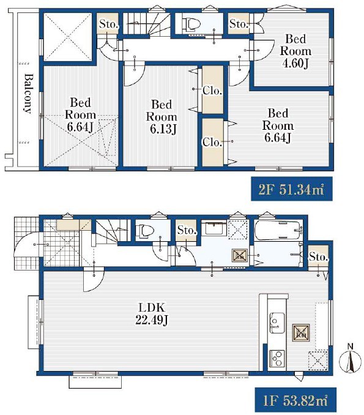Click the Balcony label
click(29, 94)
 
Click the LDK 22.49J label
click(152, 314)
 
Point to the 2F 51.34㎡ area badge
click(292, 189)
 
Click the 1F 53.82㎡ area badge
click(295, 400)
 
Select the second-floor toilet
click(193, 24)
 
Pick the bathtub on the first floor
click(278, 230)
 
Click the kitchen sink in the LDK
click(277, 323)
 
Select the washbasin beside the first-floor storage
click(214, 228)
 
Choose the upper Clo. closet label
click(212, 91)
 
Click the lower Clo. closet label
click(212, 143)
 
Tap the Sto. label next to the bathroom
click(318, 256)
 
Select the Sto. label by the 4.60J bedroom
click(239, 24)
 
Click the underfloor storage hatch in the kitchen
click(301, 332)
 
